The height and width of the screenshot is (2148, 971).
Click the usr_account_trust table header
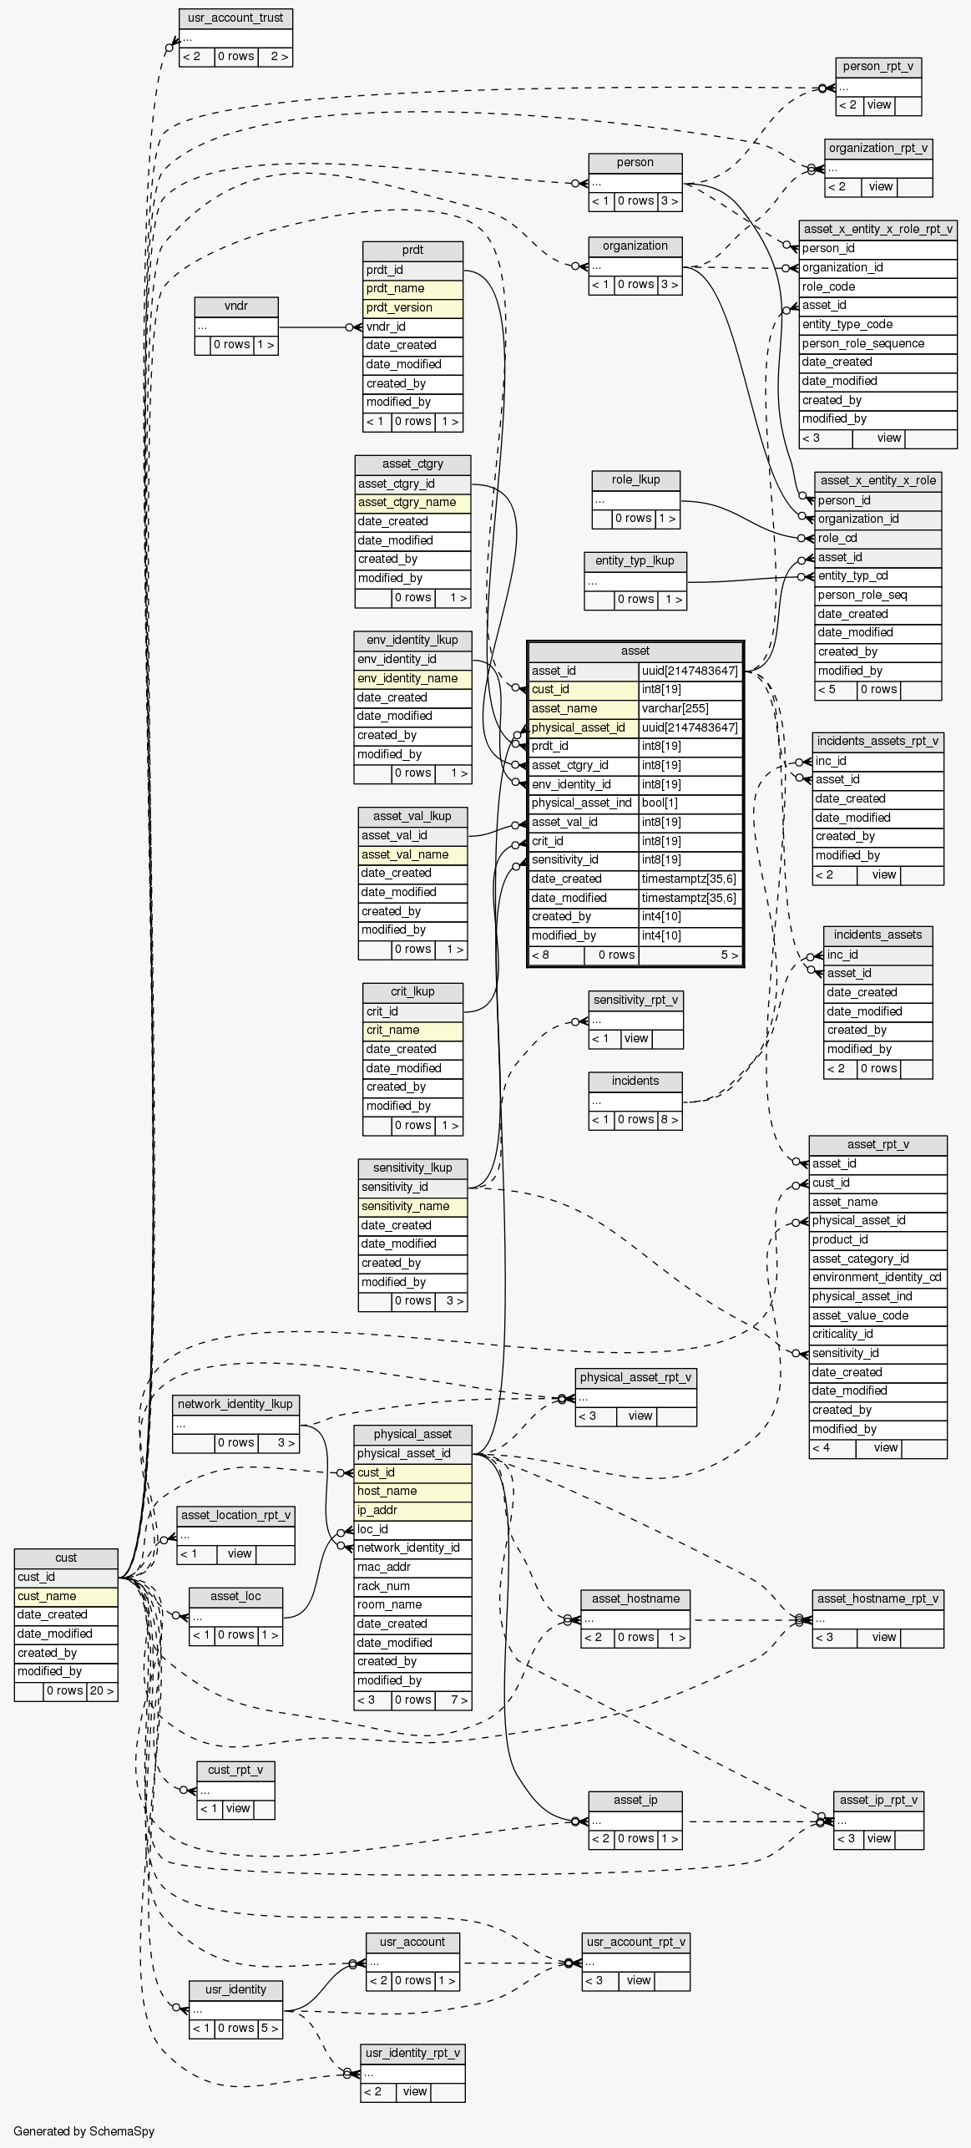click(x=235, y=18)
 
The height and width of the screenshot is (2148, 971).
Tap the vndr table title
click(x=236, y=306)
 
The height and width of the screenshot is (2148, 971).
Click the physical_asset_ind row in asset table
click(x=582, y=803)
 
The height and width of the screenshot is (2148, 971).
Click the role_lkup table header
click(x=635, y=480)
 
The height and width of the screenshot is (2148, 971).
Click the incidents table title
click(x=635, y=1082)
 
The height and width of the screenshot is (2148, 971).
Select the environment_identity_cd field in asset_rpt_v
click(x=877, y=1277)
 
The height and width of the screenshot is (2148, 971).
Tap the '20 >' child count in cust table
click(x=102, y=1690)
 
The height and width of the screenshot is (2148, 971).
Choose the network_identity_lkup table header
click(x=235, y=1404)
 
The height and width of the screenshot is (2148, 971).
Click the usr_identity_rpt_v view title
click(x=412, y=2053)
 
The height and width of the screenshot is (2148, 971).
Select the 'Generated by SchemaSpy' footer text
click(x=83, y=2130)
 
